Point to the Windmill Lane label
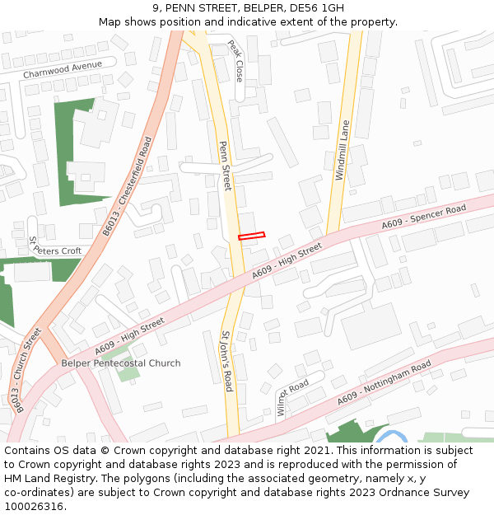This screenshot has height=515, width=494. coord(343,150)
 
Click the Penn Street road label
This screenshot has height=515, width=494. coord(225,165)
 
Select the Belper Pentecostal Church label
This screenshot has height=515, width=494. coord(121,363)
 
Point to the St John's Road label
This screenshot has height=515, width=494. coord(227,361)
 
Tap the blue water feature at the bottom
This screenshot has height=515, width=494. coord(393,436)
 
